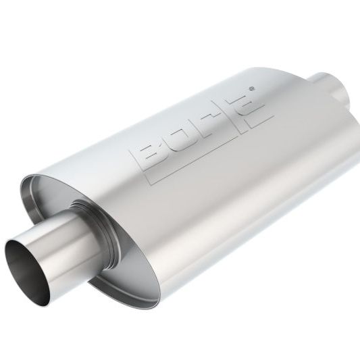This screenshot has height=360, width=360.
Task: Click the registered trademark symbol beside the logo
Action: coord(253,88)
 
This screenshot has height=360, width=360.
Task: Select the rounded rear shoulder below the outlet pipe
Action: coord(338,135)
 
